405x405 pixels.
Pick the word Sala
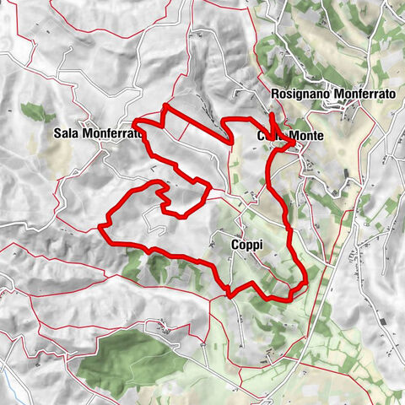point(65,132)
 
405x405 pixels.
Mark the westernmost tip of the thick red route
point(100,227)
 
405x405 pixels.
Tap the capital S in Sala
point(57,132)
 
